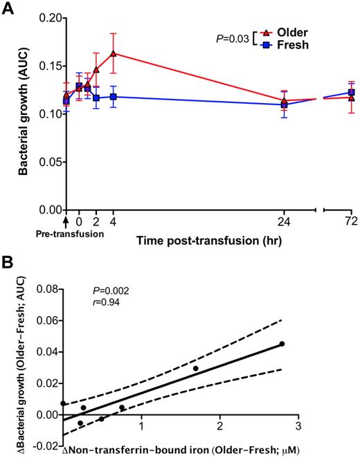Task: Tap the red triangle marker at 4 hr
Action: point(113,53)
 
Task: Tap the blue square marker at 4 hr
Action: point(113,96)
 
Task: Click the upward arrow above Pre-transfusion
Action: point(66,222)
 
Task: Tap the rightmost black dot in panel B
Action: point(282,344)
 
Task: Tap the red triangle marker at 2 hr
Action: point(96,69)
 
